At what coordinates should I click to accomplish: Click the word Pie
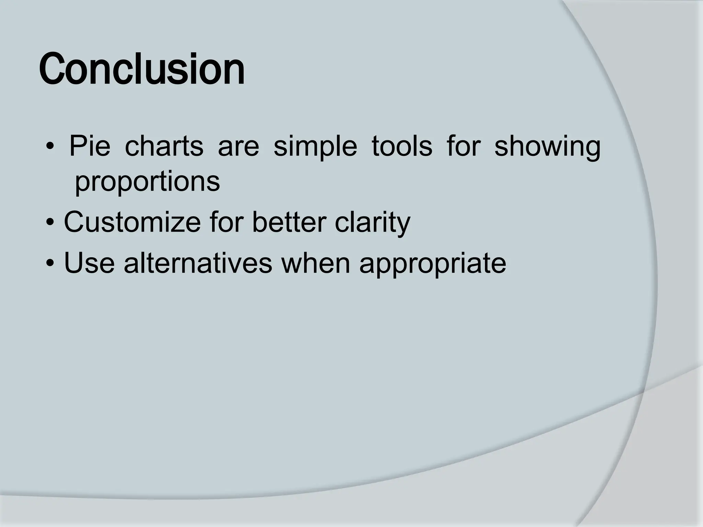90,147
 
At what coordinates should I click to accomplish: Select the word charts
164,147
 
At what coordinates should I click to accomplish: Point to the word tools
402,147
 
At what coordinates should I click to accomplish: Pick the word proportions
147,183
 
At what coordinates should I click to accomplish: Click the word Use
89,263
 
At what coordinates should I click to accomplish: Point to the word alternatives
198,263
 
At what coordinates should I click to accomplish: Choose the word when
315,263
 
